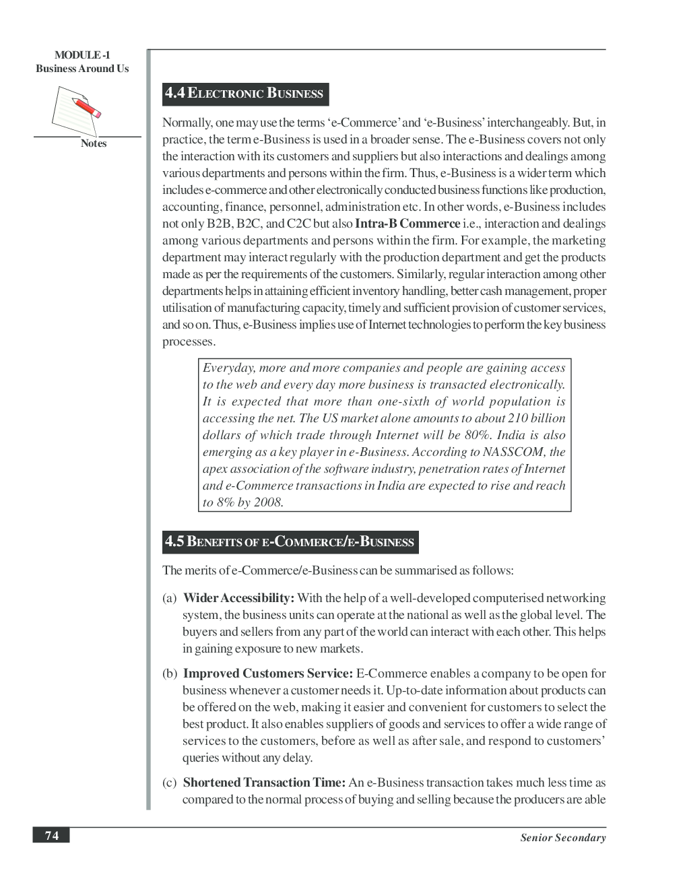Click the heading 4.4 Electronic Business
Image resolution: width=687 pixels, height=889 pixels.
click(244, 94)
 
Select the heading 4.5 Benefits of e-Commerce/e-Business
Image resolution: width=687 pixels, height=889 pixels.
click(290, 542)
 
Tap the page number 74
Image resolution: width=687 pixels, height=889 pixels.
click(52, 836)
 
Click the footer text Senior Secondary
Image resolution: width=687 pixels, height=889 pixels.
click(562, 838)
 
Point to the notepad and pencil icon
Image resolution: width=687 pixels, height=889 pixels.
click(76, 112)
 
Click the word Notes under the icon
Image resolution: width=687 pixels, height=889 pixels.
click(94, 143)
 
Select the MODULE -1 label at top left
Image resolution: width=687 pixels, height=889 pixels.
click(82, 55)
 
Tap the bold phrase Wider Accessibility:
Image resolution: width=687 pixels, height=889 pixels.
click(238, 598)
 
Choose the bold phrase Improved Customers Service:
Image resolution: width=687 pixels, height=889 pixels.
click(268, 673)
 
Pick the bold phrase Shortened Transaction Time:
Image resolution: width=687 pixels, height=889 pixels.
click(264, 783)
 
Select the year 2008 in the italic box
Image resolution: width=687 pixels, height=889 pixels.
click(268, 502)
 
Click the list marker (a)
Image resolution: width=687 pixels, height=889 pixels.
click(169, 598)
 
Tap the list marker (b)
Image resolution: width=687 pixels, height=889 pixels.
click(169, 673)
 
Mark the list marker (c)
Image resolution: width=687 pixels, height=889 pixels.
click(169, 783)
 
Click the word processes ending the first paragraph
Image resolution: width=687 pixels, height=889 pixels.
click(189, 341)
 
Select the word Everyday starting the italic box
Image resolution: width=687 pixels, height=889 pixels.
click(228, 368)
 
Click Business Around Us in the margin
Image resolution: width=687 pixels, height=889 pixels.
click(82, 69)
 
